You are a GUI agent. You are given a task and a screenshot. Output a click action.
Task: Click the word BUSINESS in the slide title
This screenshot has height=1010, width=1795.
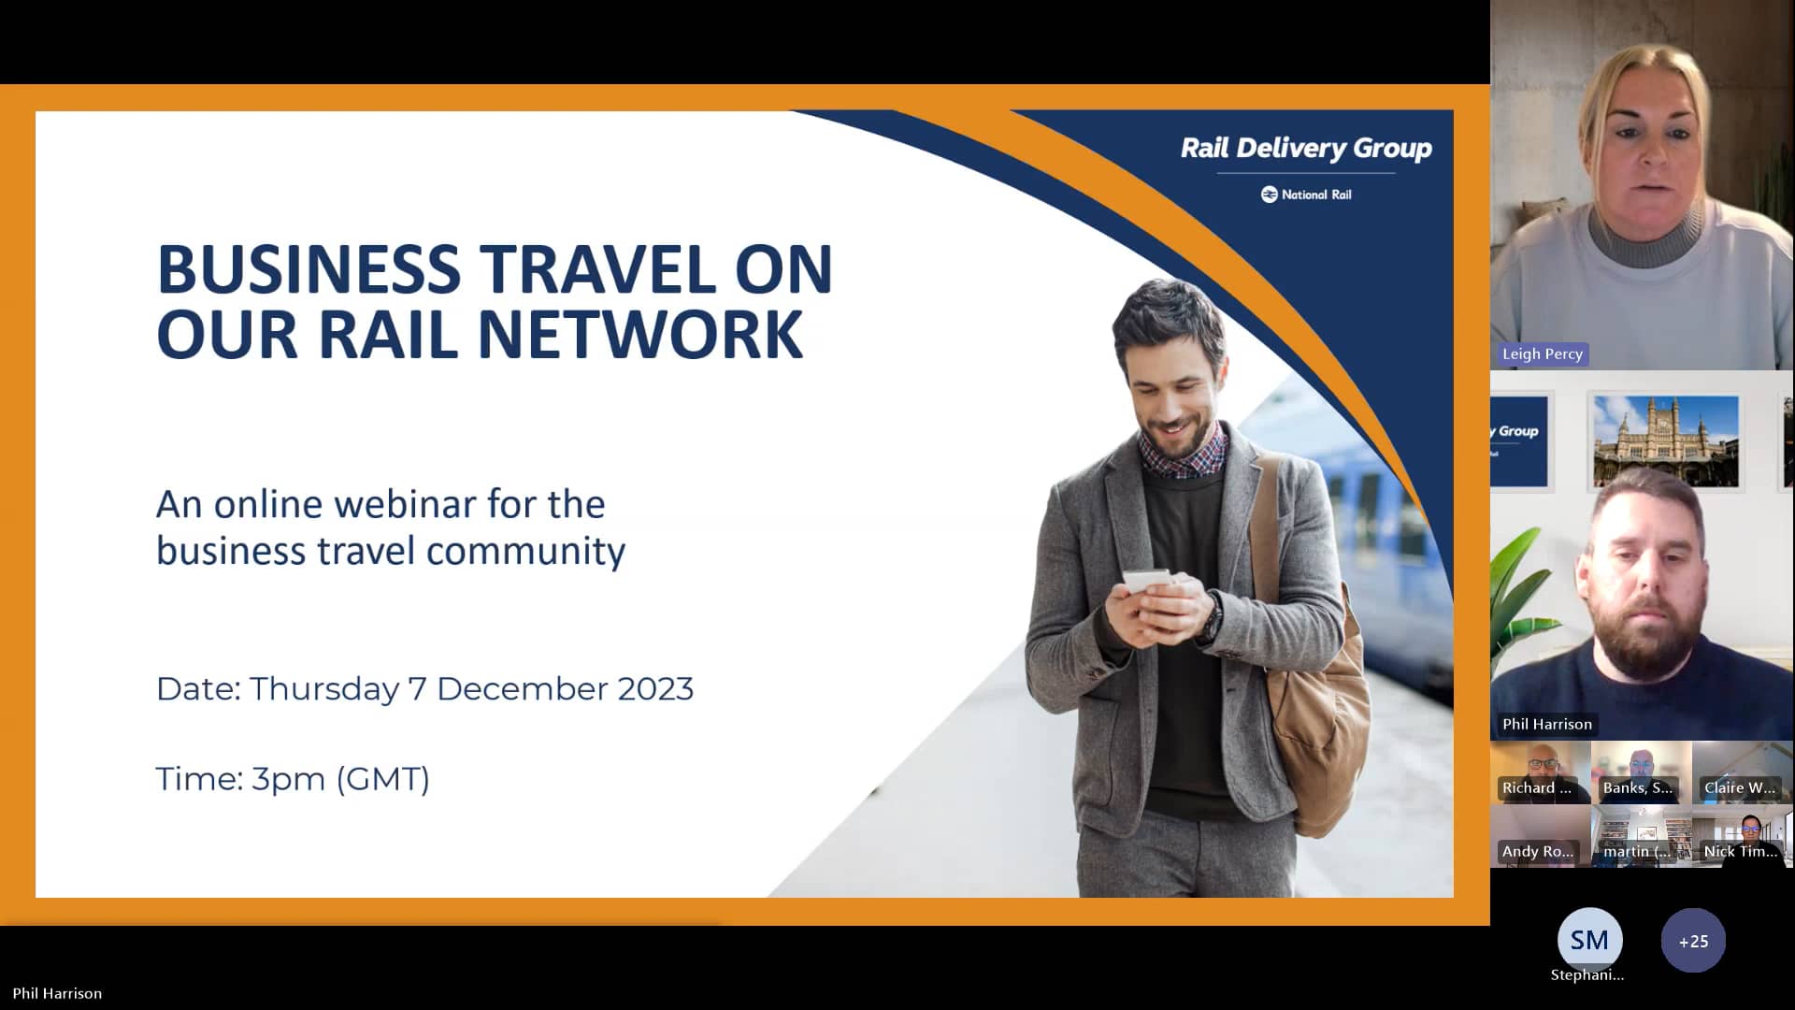click(309, 269)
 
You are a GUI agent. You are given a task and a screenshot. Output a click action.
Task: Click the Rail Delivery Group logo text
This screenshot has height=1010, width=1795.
click(1305, 149)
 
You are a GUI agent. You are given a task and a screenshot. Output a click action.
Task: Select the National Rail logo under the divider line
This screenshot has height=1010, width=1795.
click(1306, 195)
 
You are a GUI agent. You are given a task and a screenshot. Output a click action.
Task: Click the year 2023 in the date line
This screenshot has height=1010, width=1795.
click(654, 689)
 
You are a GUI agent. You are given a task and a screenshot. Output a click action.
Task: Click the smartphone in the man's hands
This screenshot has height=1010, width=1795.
click(1147, 582)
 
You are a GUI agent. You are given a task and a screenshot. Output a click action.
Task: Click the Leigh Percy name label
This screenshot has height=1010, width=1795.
click(1542, 354)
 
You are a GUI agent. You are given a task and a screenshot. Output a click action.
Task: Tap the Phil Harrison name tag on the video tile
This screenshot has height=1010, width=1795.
click(1546, 725)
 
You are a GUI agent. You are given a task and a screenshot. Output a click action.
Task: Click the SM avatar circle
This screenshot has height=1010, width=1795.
click(1589, 940)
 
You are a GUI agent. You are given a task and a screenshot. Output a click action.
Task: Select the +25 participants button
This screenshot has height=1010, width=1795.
click(1692, 942)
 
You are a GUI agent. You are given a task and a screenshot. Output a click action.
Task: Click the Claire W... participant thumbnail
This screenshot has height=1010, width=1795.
click(1741, 772)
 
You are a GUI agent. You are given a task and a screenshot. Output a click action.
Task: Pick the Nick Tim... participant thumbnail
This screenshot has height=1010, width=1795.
click(1741, 836)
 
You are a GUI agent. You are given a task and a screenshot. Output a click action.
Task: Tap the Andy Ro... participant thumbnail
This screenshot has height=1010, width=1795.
click(1540, 836)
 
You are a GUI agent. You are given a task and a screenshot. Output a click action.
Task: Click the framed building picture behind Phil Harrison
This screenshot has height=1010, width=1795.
click(1665, 441)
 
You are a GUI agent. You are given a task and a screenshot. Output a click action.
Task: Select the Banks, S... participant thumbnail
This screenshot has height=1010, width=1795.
click(1640, 772)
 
